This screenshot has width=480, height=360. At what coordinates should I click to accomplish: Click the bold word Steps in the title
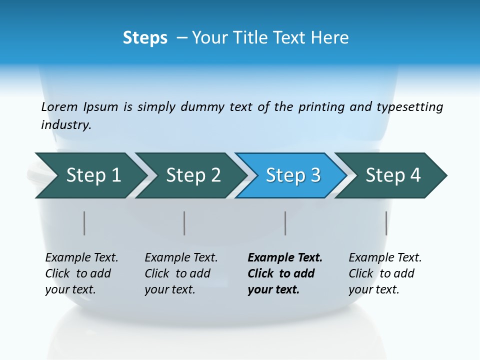145,38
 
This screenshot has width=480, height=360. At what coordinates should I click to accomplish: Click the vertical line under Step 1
84,223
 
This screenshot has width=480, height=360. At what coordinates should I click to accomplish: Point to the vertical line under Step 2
184,223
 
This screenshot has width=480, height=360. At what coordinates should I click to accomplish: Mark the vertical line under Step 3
285,223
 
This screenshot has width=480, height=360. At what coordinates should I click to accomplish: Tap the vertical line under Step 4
386,223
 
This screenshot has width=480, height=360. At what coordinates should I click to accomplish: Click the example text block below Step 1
81,273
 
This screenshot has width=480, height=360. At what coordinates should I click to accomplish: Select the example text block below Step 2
180,273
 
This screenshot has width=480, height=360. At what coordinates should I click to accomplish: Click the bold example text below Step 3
284,273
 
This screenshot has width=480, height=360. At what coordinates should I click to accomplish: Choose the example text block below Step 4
384,273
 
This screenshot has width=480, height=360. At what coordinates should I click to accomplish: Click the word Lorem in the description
59,107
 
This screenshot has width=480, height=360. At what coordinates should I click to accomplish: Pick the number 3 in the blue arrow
315,175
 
